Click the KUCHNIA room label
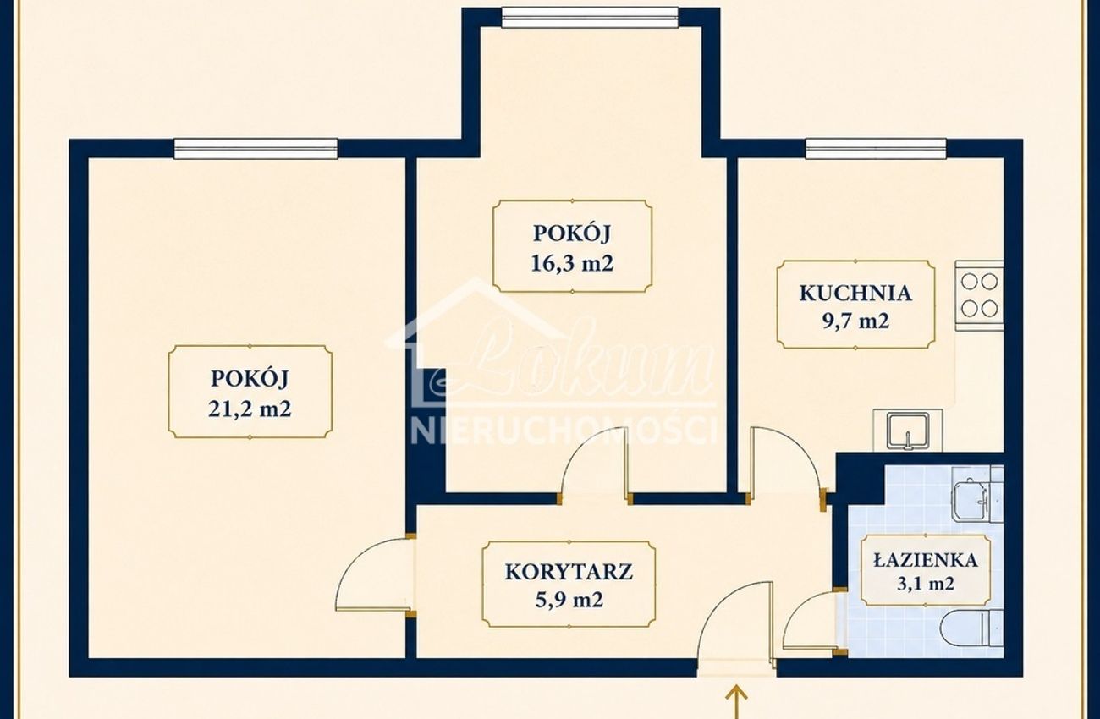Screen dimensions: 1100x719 [855, 293]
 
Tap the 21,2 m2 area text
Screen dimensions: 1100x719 [250, 409]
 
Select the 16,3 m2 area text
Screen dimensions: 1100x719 [572, 264]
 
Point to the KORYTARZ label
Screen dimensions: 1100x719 [569, 572]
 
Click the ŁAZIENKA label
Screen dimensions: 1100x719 [926, 559]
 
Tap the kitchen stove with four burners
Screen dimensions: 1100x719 [979, 295]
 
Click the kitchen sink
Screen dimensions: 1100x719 [908, 431]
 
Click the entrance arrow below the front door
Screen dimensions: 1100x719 [737, 703]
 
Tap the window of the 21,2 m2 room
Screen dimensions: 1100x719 [256, 149]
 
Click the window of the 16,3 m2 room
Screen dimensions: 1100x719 [590, 17]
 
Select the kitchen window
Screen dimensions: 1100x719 [876, 149]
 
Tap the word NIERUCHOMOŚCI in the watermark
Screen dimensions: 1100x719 [563, 431]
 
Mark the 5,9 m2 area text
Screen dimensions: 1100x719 [569, 600]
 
